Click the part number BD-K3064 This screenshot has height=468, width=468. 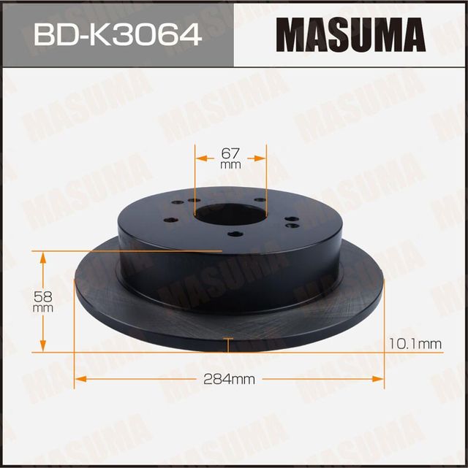point(118,34)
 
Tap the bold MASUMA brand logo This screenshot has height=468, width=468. point(350,34)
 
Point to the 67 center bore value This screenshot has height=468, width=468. point(230,154)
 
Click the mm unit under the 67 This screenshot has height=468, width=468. point(230,165)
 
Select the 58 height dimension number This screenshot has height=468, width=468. point(43,296)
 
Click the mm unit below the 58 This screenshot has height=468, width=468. point(43,308)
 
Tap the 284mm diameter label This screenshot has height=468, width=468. point(230,379)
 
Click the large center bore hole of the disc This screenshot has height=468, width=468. point(229,215)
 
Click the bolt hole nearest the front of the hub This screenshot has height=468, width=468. point(234,234)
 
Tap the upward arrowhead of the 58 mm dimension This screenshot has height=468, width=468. point(43,257)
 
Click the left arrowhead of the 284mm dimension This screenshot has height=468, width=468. point(80,378)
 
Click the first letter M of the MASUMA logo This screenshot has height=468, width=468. point(297,34)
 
